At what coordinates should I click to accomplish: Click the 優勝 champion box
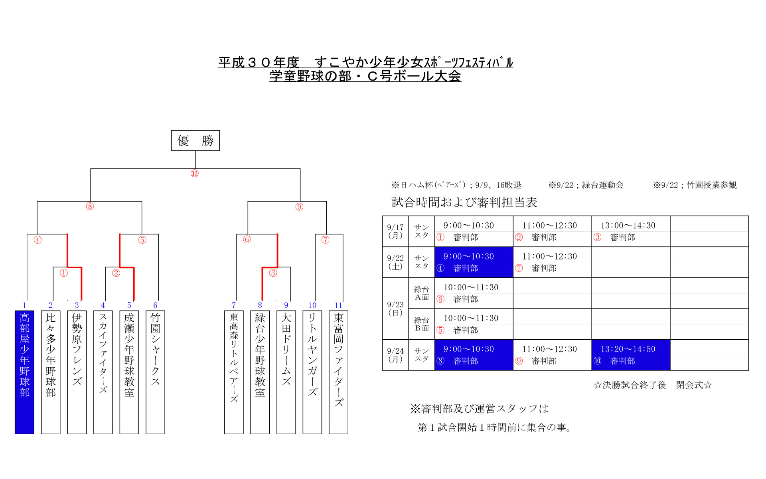coord(195,141)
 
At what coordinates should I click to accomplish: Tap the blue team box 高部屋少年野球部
coord(24,372)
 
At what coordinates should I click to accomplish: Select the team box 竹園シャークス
coord(155,372)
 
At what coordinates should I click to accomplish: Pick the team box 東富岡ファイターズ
coord(338,372)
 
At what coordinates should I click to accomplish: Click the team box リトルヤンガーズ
coord(312,372)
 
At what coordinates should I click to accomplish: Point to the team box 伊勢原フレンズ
coord(77,372)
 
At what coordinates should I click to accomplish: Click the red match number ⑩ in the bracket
coord(194,173)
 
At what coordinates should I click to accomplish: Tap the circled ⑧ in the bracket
coord(90,206)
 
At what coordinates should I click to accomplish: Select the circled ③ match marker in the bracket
coord(273,273)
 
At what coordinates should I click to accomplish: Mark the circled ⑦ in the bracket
coord(325,240)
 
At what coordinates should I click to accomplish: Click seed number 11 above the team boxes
coord(338,305)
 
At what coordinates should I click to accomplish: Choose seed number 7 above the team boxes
coord(234,305)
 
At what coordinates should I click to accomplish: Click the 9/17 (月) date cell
coord(395,231)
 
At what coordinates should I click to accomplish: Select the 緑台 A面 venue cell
coord(421,293)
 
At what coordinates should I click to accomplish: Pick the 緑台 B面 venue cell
coord(421,324)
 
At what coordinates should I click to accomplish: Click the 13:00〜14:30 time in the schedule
coord(628,226)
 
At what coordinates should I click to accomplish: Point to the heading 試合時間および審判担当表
coord(464,202)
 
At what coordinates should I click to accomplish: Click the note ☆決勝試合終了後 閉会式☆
coord(652,385)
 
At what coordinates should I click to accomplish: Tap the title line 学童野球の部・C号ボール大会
coord(365,76)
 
